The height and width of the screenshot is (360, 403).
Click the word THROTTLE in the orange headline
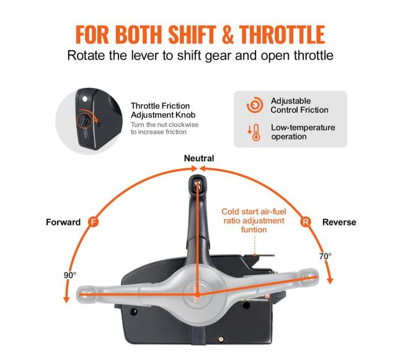281,35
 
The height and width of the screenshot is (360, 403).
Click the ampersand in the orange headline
227,35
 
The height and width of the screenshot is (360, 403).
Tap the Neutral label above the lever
199,159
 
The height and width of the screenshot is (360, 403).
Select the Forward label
63,222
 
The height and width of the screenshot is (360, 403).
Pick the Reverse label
339,222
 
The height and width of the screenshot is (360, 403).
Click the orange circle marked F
93,222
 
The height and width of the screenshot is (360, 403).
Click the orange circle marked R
305,222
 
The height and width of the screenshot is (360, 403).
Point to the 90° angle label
70,275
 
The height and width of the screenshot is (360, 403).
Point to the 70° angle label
325,257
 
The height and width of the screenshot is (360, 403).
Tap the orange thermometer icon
254,133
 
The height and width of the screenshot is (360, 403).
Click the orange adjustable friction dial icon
255,105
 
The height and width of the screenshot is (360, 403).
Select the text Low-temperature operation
303,132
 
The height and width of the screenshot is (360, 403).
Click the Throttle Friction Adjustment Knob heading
163,110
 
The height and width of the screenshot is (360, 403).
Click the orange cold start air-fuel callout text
254,221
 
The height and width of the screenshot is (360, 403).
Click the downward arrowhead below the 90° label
66,299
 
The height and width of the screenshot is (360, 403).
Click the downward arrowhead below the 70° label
330,281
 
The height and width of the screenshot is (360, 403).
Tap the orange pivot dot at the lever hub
197,294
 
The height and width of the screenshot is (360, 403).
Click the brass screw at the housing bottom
221,340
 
